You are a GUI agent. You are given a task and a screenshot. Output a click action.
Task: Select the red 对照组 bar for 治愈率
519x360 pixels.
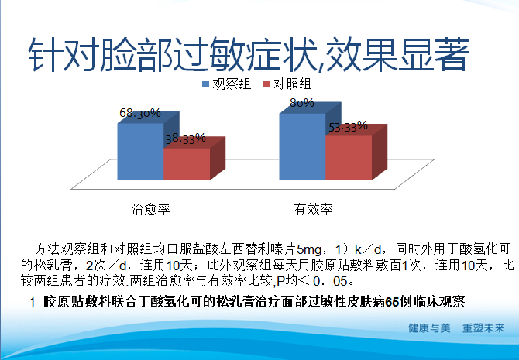click(186, 164)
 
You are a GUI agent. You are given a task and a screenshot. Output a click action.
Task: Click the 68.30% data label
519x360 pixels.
click(139, 113)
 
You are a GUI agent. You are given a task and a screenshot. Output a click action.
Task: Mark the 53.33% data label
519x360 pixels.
click(348, 127)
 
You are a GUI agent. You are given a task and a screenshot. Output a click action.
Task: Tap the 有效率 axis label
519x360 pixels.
click(312, 208)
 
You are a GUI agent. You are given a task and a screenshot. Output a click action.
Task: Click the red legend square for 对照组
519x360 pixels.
click(264, 83)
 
